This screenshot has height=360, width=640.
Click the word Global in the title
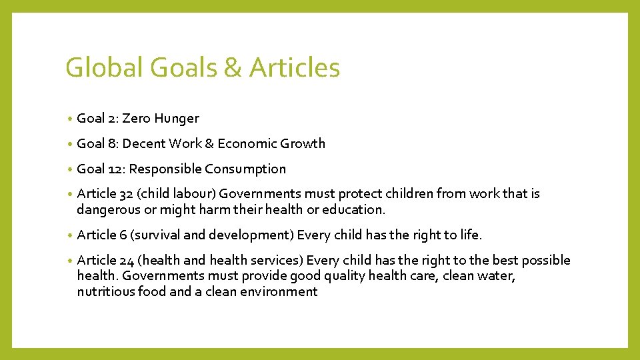(105, 68)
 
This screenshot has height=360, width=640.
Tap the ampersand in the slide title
(234, 68)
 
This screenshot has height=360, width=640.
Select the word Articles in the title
(294, 68)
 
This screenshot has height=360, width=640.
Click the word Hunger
(177, 119)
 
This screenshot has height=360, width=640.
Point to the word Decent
(145, 144)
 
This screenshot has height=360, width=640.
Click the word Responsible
(165, 169)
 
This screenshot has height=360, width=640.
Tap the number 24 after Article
(127, 260)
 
